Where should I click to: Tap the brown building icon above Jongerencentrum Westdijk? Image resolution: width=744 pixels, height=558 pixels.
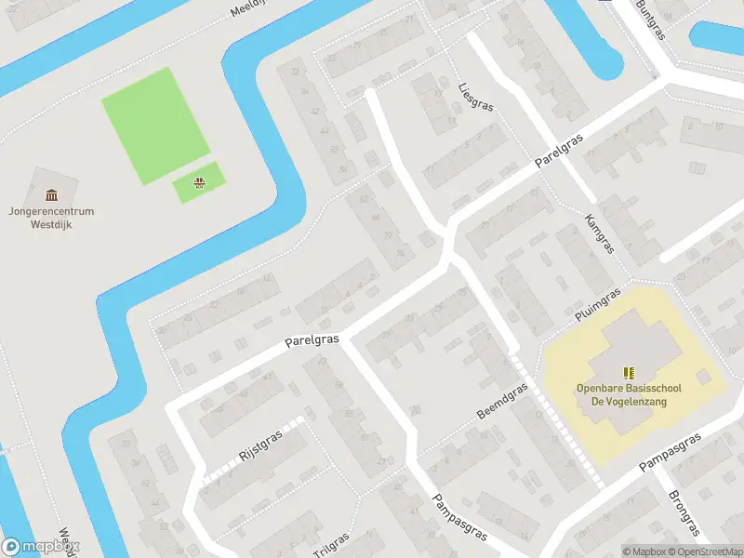click(51, 194)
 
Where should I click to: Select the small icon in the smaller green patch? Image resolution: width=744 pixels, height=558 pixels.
click(198, 181)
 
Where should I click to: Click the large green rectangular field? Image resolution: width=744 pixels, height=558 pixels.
click(155, 124)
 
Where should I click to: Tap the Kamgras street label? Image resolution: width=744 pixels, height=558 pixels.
click(600, 232)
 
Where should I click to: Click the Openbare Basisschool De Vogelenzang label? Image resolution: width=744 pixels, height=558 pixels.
click(622, 395)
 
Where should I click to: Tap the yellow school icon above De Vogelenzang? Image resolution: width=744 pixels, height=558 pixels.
click(628, 372)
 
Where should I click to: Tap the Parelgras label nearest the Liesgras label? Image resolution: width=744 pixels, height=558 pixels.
click(560, 150)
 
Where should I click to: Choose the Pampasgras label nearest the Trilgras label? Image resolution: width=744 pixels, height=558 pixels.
click(460, 517)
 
